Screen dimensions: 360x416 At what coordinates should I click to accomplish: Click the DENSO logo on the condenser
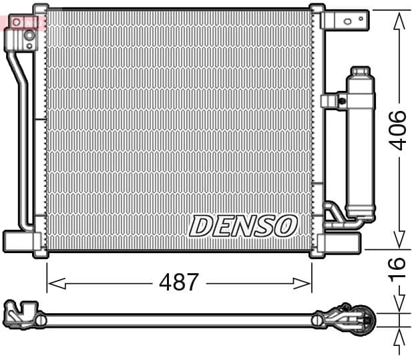coord(242,226)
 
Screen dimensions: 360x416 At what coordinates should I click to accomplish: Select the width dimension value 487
coord(178,282)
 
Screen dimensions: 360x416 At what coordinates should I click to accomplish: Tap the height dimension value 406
coord(398,130)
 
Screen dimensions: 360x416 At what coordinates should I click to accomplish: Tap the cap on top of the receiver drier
coord(360,71)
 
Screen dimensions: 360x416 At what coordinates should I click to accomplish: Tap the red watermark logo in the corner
coord(23,23)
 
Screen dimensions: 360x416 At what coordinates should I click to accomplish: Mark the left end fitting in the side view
coord(20,313)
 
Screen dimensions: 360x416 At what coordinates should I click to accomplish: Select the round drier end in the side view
coord(363,319)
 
